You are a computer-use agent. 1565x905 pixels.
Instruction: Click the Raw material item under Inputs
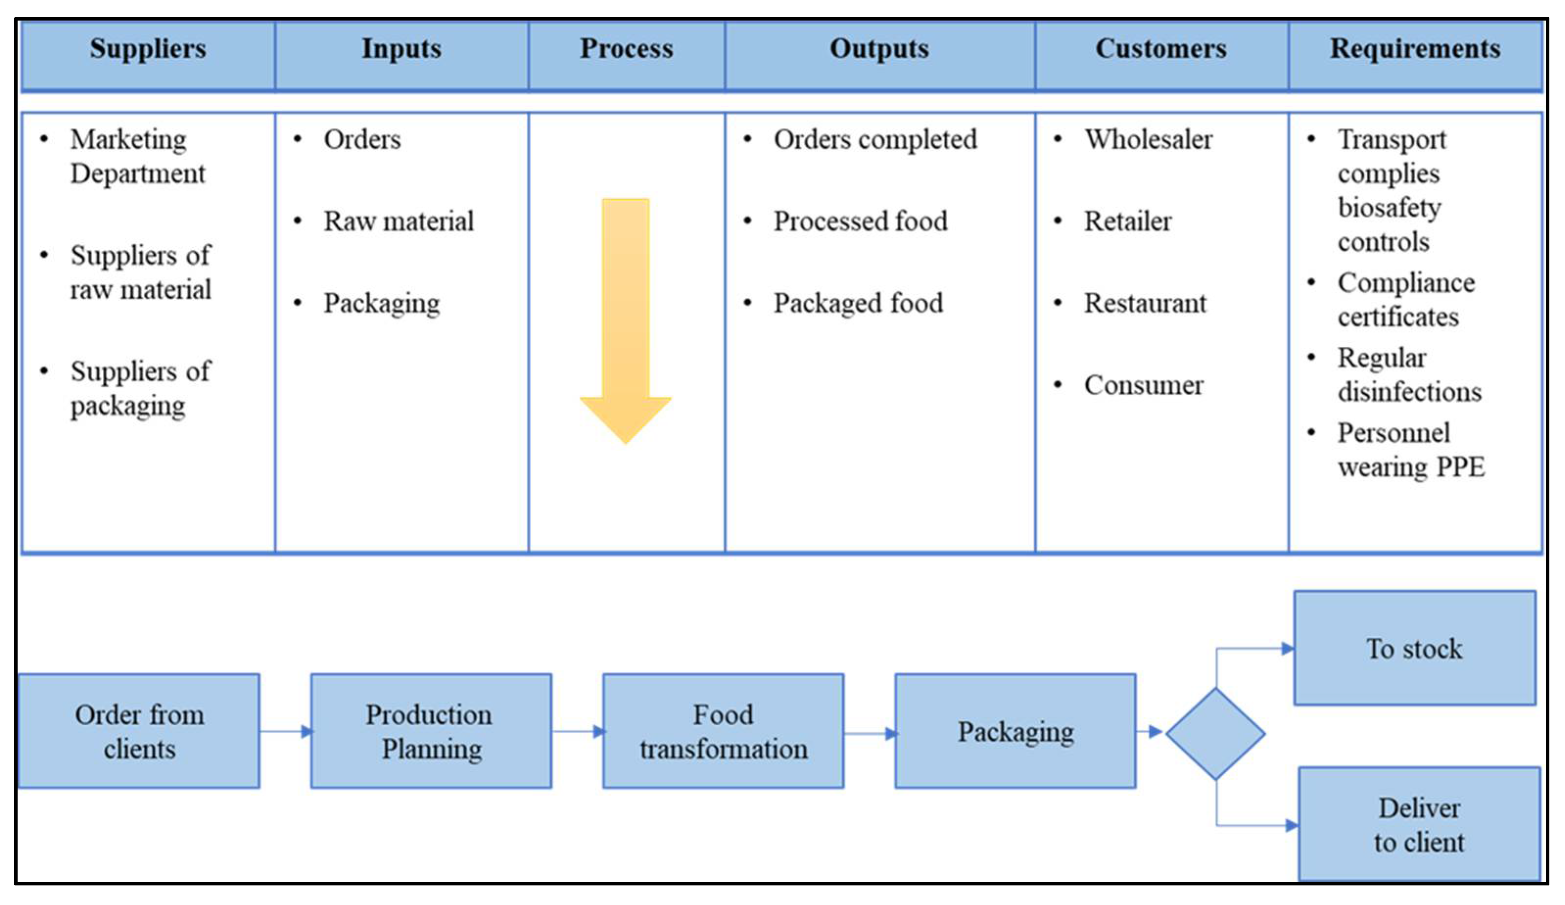pos(398,222)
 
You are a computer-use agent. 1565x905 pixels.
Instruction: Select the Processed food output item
pos(860,222)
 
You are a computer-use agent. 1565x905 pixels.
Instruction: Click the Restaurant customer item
pos(1145,304)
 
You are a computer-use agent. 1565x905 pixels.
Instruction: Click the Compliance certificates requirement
pos(1405,300)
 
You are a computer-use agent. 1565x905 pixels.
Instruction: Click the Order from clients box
pos(139,731)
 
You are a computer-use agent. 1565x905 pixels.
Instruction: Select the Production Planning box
pos(430,731)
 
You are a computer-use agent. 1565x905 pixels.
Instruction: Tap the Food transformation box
pos(723,731)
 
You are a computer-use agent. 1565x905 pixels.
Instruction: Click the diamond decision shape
pos(1215,734)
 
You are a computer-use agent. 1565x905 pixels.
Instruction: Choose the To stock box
pos(1414,648)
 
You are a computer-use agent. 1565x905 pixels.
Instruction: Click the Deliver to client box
pos(1419,824)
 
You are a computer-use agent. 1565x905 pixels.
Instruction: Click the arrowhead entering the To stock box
pos(1287,649)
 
